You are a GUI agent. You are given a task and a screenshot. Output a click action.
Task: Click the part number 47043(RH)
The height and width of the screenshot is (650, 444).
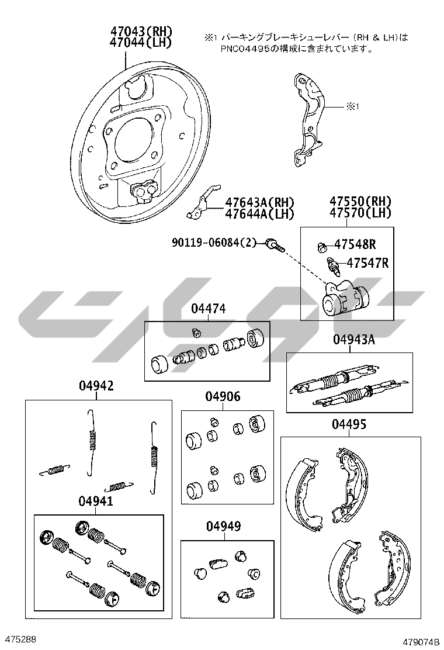coord(141,31)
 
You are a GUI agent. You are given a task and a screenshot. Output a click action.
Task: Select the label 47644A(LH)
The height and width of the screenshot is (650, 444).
coord(259,214)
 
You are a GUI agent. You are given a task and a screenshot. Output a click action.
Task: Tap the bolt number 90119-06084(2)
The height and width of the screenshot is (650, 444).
coord(214,243)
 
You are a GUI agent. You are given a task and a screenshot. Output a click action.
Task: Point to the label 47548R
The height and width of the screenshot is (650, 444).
coord(355,244)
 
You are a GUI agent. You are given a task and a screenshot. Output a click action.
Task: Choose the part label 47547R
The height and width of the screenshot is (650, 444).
coord(367,263)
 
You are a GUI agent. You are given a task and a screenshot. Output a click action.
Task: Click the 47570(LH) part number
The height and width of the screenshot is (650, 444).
coord(360,213)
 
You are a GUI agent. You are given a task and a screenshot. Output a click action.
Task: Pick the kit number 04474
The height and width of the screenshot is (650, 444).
coord(209,309)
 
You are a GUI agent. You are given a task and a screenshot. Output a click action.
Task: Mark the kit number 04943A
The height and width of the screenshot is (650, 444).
coord(354,340)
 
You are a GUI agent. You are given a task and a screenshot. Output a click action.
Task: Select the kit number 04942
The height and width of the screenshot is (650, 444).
coord(96,386)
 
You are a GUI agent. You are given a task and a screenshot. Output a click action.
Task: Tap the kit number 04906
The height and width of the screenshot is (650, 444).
coord(223,397)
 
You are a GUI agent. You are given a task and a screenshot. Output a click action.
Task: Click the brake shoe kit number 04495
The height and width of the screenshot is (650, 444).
coord(349,424)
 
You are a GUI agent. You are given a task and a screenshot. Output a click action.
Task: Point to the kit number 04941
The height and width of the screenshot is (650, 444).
coord(96,501)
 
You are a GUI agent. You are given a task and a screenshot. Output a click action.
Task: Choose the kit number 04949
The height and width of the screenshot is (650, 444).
coord(224,527)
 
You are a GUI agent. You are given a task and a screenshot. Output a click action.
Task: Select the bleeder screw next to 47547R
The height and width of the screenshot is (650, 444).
coord(334,267)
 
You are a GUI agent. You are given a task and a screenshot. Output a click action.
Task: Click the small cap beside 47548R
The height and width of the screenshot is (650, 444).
coord(322,247)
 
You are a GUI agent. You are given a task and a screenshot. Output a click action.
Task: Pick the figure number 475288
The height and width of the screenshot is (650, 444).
coord(19,639)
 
